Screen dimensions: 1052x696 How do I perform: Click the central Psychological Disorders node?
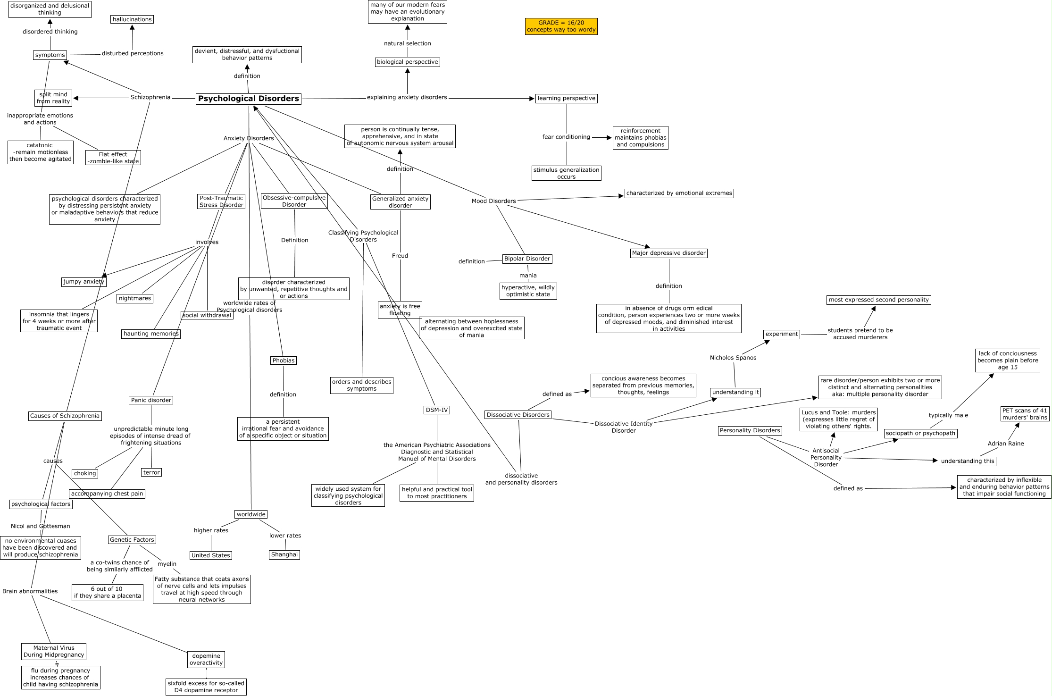(x=249, y=99)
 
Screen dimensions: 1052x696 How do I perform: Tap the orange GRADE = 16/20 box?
(x=561, y=26)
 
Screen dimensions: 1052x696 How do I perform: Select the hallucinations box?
(x=132, y=19)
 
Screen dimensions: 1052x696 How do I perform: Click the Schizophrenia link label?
(x=150, y=98)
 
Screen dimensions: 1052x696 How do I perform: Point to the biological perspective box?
(x=408, y=62)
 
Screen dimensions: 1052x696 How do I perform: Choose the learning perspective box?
(x=566, y=98)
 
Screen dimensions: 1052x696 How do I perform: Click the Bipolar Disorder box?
(x=527, y=259)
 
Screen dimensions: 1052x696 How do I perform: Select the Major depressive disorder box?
(x=668, y=253)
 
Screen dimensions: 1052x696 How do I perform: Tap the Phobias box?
(x=284, y=361)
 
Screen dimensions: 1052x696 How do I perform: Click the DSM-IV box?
(x=437, y=410)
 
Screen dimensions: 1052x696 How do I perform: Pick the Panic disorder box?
(x=151, y=400)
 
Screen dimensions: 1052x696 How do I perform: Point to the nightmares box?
(x=135, y=298)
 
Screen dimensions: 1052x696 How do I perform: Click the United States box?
(x=211, y=555)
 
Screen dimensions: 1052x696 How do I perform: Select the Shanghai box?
(x=284, y=554)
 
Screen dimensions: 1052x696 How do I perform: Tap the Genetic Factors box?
(x=132, y=540)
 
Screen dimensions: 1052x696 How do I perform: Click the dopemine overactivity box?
(x=206, y=659)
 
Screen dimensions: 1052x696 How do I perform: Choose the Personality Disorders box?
(x=750, y=430)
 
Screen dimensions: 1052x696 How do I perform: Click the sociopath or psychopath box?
(x=920, y=433)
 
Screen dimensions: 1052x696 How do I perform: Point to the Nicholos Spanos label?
(x=733, y=358)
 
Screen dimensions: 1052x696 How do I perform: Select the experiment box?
(x=782, y=334)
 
